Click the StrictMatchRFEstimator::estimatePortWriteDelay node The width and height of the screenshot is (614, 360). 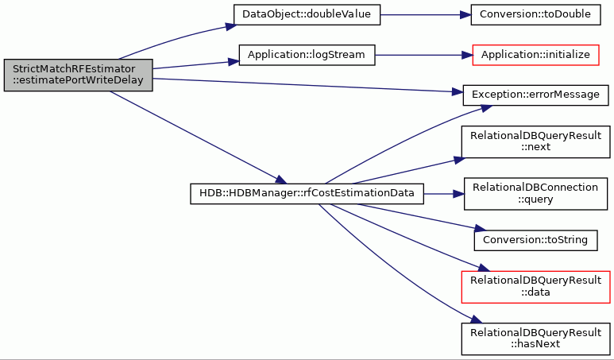click(79, 75)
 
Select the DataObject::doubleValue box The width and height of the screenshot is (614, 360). click(307, 15)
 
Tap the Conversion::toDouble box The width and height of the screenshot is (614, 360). click(535, 15)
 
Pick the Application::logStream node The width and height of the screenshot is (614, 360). click(307, 56)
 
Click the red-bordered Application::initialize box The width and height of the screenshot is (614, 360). click(535, 56)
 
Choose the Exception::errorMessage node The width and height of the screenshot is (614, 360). click(535, 95)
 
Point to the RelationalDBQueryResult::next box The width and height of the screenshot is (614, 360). click(535, 141)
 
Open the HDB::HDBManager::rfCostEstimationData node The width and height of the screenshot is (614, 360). click(307, 194)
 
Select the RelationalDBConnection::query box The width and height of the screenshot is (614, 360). click(535, 194)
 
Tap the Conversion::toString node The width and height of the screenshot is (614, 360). click(535, 240)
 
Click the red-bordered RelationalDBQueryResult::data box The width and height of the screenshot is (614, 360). click(535, 287)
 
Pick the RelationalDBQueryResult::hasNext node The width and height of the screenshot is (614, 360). click(535, 339)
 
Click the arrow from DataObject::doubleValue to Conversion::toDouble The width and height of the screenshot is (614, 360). click(425, 15)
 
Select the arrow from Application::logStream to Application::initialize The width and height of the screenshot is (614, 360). click(423, 56)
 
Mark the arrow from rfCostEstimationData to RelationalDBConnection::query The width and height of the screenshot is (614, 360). click(444, 194)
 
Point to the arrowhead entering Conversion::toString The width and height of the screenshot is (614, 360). click(480, 229)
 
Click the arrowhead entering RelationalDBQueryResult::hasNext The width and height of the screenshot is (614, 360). click(475, 319)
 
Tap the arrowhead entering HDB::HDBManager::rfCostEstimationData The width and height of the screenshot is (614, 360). click(281, 180)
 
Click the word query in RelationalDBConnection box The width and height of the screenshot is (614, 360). click(535, 199)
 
